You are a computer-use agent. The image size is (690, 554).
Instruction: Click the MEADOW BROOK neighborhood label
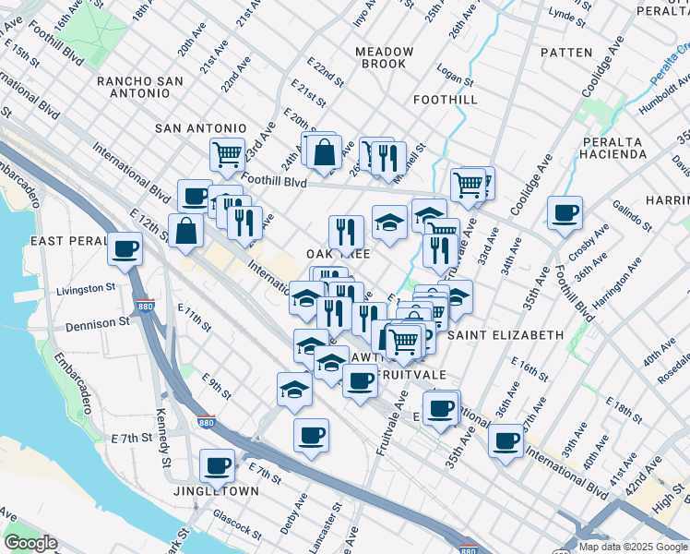click(x=384, y=57)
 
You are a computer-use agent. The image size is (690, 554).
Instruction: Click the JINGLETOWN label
click(x=217, y=491)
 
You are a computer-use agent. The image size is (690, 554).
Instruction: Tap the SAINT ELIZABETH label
click(x=506, y=334)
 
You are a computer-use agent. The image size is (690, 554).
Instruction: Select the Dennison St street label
click(x=98, y=324)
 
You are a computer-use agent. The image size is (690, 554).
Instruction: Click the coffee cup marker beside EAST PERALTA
click(x=125, y=247)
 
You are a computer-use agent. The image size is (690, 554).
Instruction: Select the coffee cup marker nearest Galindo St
click(x=564, y=213)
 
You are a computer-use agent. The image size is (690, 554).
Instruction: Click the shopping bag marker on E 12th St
click(x=186, y=231)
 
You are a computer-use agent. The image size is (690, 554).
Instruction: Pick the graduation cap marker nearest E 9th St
click(x=294, y=389)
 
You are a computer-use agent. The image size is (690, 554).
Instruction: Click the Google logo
click(x=30, y=543)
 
